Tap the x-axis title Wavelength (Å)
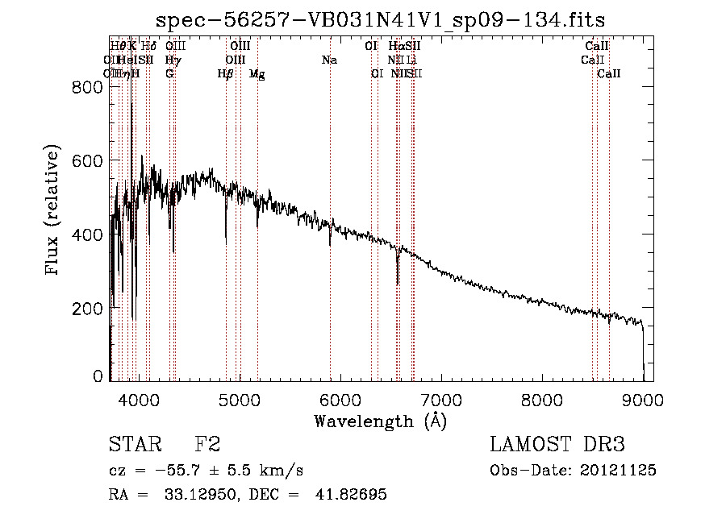pyautogui.click(x=380, y=421)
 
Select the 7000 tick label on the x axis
pyautogui.click(x=440, y=399)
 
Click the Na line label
pyautogui.click(x=329, y=60)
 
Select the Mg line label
pyautogui.click(x=257, y=74)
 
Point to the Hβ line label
pyautogui.click(x=226, y=74)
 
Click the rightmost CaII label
pyautogui.click(x=609, y=74)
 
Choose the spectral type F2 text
pyautogui.click(x=207, y=445)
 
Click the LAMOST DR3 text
pyautogui.click(x=557, y=445)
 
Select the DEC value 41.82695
pyautogui.click(x=353, y=495)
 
